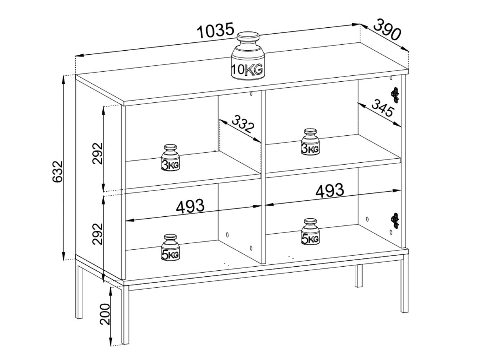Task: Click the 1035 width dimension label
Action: click(215, 30)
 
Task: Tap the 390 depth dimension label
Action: click(387, 30)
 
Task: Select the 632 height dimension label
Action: click(58, 172)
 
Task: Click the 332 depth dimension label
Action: click(243, 124)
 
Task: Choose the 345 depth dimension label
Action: click(383, 108)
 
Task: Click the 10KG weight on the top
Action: click(248, 56)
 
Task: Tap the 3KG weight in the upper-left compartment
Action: click(170, 157)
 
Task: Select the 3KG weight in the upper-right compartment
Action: click(310, 142)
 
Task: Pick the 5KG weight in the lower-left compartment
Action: click(170, 247)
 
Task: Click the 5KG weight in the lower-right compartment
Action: click(310, 231)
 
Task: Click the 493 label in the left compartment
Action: click(190, 206)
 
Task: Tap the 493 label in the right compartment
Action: click(330, 190)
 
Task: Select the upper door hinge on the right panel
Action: click(395, 94)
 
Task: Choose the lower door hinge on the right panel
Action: click(395, 221)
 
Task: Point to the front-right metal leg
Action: click(405, 287)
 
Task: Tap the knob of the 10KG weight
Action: click(248, 38)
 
